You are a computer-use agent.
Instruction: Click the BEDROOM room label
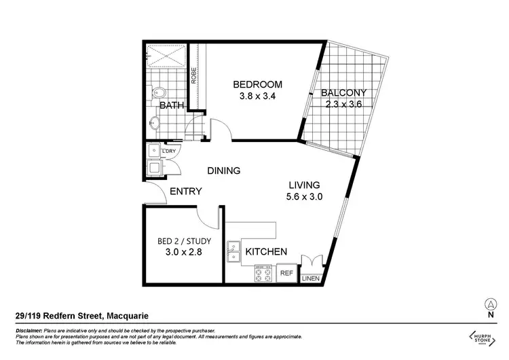point(257,84)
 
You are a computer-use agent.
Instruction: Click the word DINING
point(223,170)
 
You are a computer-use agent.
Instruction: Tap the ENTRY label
point(185,192)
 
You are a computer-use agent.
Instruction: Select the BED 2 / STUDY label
point(184,241)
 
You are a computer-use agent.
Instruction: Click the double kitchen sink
point(233,251)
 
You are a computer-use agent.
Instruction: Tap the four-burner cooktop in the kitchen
point(262,274)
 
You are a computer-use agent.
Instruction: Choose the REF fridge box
point(286,274)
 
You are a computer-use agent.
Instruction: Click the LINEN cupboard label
point(309,278)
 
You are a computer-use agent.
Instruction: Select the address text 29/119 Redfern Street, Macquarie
point(82,315)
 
